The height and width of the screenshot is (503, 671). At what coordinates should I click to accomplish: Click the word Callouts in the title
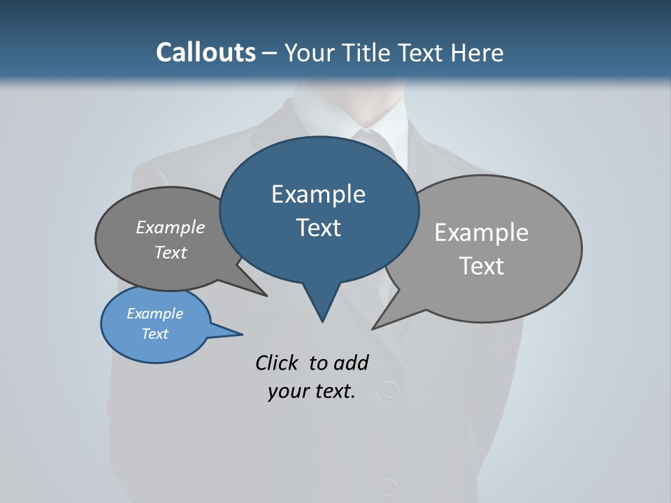coord(205,52)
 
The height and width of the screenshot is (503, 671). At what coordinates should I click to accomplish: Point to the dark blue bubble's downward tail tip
coord(322,321)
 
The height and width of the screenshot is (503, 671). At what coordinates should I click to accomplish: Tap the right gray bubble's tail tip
coord(374,328)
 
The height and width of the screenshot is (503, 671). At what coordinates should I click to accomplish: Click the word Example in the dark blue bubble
coord(318,194)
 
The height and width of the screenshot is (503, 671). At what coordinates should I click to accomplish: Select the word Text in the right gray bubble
coord(482,266)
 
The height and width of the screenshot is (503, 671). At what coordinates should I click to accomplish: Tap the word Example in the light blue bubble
coord(154,314)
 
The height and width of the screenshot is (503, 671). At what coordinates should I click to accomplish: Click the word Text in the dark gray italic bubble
coord(171,253)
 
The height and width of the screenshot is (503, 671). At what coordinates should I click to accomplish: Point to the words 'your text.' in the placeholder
coord(312,391)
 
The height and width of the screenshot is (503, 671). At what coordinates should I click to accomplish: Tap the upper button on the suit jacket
coord(391,388)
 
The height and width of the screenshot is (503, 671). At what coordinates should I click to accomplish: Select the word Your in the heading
coord(310,52)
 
